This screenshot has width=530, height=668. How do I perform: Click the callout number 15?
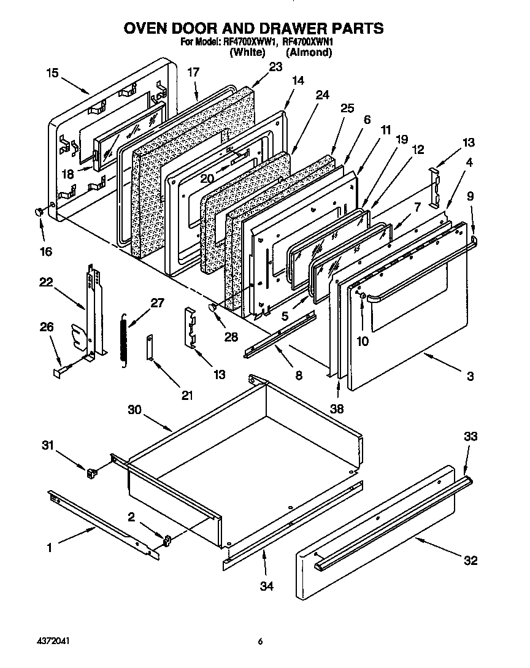click(x=52, y=73)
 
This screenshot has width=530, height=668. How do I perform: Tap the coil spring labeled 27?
click(x=123, y=341)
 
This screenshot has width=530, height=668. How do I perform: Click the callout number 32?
click(x=470, y=560)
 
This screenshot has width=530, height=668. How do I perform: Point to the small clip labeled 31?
click(x=92, y=472)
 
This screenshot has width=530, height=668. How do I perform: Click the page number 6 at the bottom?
click(x=260, y=642)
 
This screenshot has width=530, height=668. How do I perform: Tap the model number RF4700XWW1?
click(x=248, y=43)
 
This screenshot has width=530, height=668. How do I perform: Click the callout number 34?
click(x=266, y=586)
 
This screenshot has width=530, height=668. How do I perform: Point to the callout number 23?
click(x=275, y=67)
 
